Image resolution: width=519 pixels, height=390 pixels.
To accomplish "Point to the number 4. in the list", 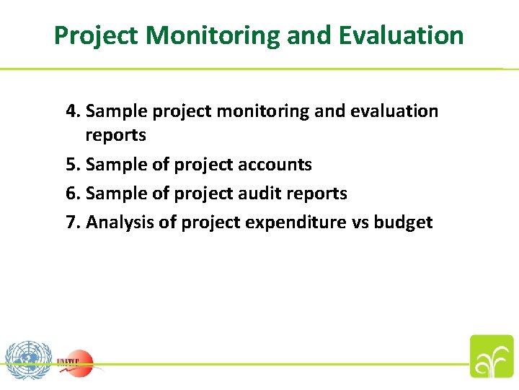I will pos(73,111).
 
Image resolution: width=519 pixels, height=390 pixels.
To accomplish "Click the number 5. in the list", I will pos(73,165).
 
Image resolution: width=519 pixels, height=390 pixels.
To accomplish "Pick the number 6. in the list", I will pos(73,194).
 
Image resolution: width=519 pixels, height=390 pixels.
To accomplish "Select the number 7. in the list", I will pos(73,222).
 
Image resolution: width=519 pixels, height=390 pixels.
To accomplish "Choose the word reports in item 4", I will pos(115,135).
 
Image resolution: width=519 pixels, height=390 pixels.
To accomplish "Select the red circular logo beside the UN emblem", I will pos(76,361).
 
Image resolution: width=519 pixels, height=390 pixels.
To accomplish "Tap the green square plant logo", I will pos(492,356).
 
